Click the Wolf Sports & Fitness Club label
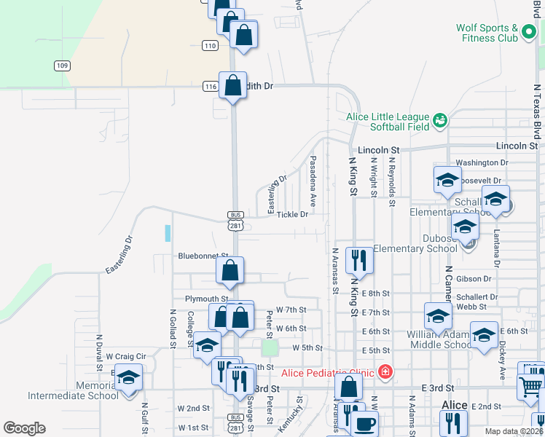coord(487,33)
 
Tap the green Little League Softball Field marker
coord(439,119)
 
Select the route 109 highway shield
coord(62,66)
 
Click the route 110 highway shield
coord(211,45)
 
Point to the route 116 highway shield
coord(211,87)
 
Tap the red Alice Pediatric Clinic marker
coord(385,373)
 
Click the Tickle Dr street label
coord(293,214)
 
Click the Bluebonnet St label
coord(203,256)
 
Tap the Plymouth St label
coord(206,299)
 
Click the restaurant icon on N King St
coord(359,259)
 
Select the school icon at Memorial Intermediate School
coord(129,377)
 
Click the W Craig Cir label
coord(126,356)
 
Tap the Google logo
coord(24,428)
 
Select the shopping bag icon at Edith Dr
coord(232,85)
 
